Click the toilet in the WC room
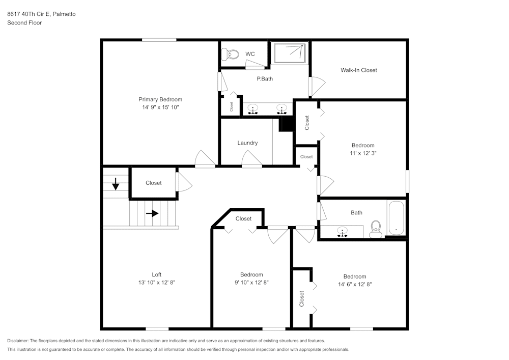(233, 54)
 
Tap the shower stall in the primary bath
(290, 53)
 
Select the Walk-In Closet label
(359, 70)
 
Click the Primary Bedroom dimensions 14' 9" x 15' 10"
(160, 107)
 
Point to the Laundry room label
(247, 143)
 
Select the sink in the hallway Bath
(343, 232)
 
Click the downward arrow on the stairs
(116, 184)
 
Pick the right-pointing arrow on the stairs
(152, 213)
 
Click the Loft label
(157, 274)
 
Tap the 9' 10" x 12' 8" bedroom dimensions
(251, 283)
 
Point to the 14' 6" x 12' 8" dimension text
(355, 285)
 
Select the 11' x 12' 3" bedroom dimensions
(362, 153)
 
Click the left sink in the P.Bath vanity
(253, 109)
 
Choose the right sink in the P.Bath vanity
(280, 109)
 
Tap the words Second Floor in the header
(24, 23)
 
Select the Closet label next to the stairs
(154, 183)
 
